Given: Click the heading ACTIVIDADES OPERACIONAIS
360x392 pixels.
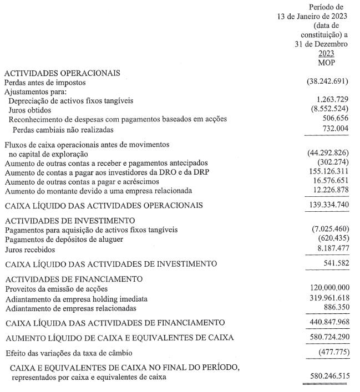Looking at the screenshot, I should (x=62, y=73).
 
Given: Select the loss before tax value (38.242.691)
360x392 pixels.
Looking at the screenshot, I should (x=327, y=82).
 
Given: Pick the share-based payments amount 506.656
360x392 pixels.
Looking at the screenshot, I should (x=334, y=119).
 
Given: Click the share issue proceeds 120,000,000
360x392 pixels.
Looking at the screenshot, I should (x=328, y=288).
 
